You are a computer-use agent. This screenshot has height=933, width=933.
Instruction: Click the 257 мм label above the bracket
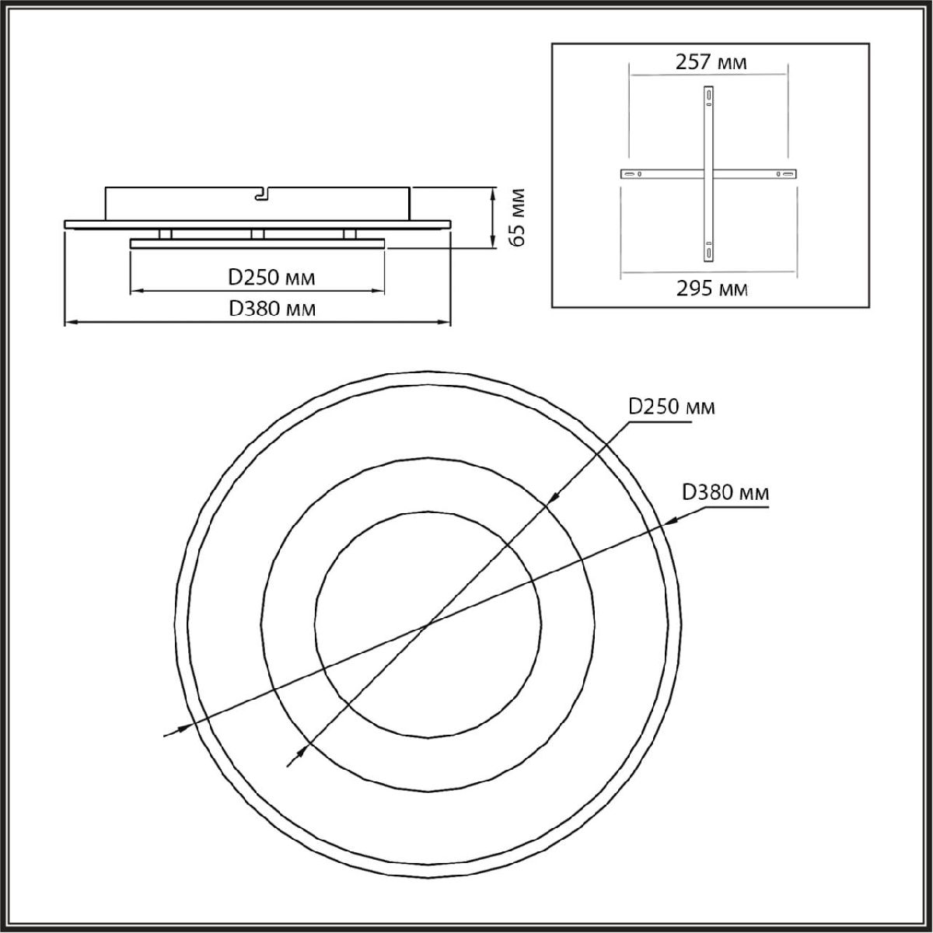click(711, 62)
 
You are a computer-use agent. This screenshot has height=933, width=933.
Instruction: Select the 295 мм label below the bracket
click(711, 289)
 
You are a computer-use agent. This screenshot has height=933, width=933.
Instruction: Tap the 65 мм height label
click(518, 218)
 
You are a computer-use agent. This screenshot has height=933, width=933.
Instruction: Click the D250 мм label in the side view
click(271, 278)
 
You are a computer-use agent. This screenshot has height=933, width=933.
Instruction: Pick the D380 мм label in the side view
click(272, 309)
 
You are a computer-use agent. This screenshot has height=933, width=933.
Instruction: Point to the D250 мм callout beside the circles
click(672, 407)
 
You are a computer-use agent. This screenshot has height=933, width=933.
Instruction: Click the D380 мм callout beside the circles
click(725, 493)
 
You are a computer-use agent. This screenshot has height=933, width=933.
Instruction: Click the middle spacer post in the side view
click(257, 234)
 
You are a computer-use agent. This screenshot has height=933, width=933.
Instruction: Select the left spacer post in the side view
click(165, 234)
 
